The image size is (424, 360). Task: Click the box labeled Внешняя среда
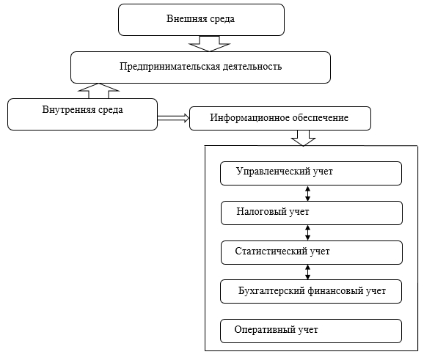click(x=201, y=20)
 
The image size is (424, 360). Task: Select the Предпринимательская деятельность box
click(x=200, y=67)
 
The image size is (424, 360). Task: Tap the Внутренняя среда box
click(x=82, y=114)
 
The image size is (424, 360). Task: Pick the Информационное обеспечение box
click(x=280, y=118)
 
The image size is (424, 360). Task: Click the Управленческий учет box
click(x=311, y=173)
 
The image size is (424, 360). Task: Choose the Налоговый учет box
click(x=312, y=213)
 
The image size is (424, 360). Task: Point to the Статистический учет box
click(x=312, y=252)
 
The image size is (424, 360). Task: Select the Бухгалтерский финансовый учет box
click(x=311, y=291)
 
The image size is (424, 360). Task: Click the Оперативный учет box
click(x=311, y=331)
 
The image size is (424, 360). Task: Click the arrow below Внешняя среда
click(x=209, y=44)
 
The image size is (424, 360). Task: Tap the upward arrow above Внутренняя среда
click(x=99, y=92)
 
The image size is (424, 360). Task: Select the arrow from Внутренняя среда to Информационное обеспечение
click(x=173, y=118)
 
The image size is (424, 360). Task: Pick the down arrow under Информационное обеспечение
click(x=303, y=139)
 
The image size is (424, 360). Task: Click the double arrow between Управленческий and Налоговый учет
click(x=307, y=194)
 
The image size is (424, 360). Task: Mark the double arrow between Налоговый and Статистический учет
click(x=307, y=232)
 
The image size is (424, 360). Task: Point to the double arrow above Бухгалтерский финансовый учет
click(x=307, y=272)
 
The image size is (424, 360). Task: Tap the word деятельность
click(x=252, y=67)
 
